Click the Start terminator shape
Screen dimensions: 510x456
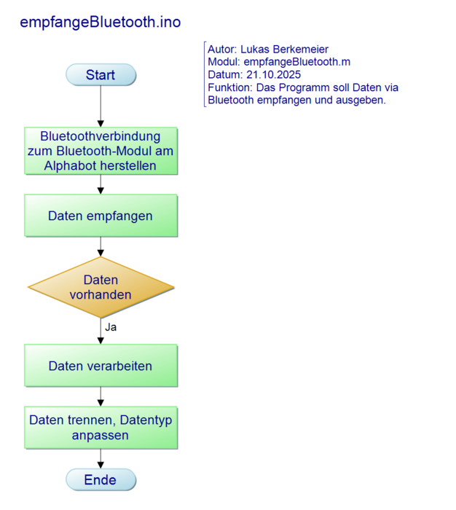point(101,75)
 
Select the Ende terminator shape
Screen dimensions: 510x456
point(101,479)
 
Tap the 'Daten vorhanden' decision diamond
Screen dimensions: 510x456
point(101,287)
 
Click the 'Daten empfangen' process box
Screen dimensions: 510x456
point(101,216)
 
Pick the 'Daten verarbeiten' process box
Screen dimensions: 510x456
point(101,366)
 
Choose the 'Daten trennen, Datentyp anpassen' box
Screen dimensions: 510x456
point(101,428)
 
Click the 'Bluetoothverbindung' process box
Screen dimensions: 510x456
point(101,151)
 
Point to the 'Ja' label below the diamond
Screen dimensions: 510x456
point(111,327)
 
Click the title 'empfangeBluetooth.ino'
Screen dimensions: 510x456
point(101,23)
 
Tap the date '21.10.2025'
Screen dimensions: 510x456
point(273,75)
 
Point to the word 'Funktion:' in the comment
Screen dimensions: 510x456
point(230,87)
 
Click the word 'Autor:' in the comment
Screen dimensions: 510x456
point(223,50)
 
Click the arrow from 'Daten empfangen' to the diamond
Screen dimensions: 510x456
point(101,247)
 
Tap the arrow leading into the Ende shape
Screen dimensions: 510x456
point(101,458)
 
